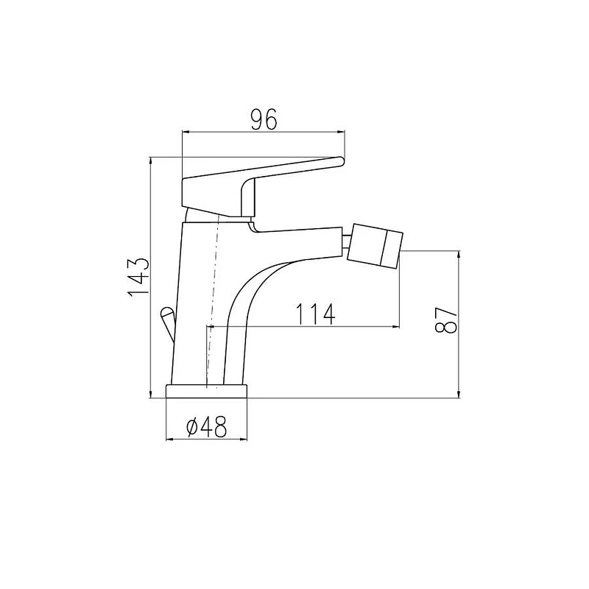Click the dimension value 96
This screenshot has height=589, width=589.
point(264,119)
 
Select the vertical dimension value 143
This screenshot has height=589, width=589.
point(139,278)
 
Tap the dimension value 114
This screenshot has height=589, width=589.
point(315,314)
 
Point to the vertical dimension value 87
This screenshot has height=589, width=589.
point(446,320)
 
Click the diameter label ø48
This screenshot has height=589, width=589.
point(207,427)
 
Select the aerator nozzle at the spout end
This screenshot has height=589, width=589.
point(375,246)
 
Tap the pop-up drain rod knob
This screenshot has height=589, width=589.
point(168,314)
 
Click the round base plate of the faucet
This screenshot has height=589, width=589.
point(207,391)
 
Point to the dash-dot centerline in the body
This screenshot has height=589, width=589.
point(213,300)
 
